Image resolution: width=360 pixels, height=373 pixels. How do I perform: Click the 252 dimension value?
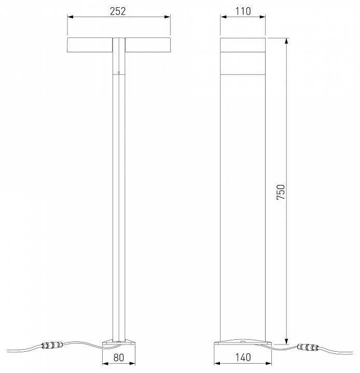point(118,11)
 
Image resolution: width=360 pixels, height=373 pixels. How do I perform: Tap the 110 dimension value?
point(243,11)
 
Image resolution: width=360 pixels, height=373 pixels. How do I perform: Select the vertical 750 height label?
point(281,192)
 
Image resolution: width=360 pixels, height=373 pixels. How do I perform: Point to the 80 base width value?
point(119,357)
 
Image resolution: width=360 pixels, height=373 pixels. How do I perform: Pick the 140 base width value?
point(243,357)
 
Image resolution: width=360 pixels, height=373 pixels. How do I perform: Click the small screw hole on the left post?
point(119,73)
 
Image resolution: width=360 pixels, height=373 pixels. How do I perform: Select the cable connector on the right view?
point(308,347)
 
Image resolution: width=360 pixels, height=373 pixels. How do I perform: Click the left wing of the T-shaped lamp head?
point(90,45)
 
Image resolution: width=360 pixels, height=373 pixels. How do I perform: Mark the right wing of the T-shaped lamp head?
point(148,45)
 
